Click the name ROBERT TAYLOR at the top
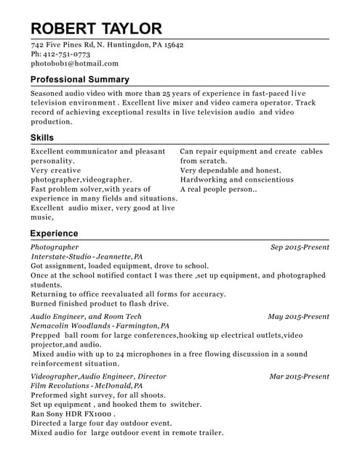[x=96, y=28]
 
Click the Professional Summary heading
[x=80, y=79]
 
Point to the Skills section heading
[x=41, y=138]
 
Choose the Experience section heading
[x=54, y=234]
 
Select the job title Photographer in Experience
[x=55, y=248]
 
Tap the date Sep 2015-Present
[x=300, y=248]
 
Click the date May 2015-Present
[x=298, y=317]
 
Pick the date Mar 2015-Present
[x=299, y=376]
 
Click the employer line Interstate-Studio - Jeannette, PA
[x=87, y=257]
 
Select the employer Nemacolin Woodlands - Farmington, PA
[x=100, y=326]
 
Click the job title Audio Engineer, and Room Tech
[x=86, y=317]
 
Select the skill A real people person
[x=218, y=189]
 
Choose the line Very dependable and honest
[x=231, y=170]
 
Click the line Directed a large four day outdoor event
[x=101, y=424]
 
